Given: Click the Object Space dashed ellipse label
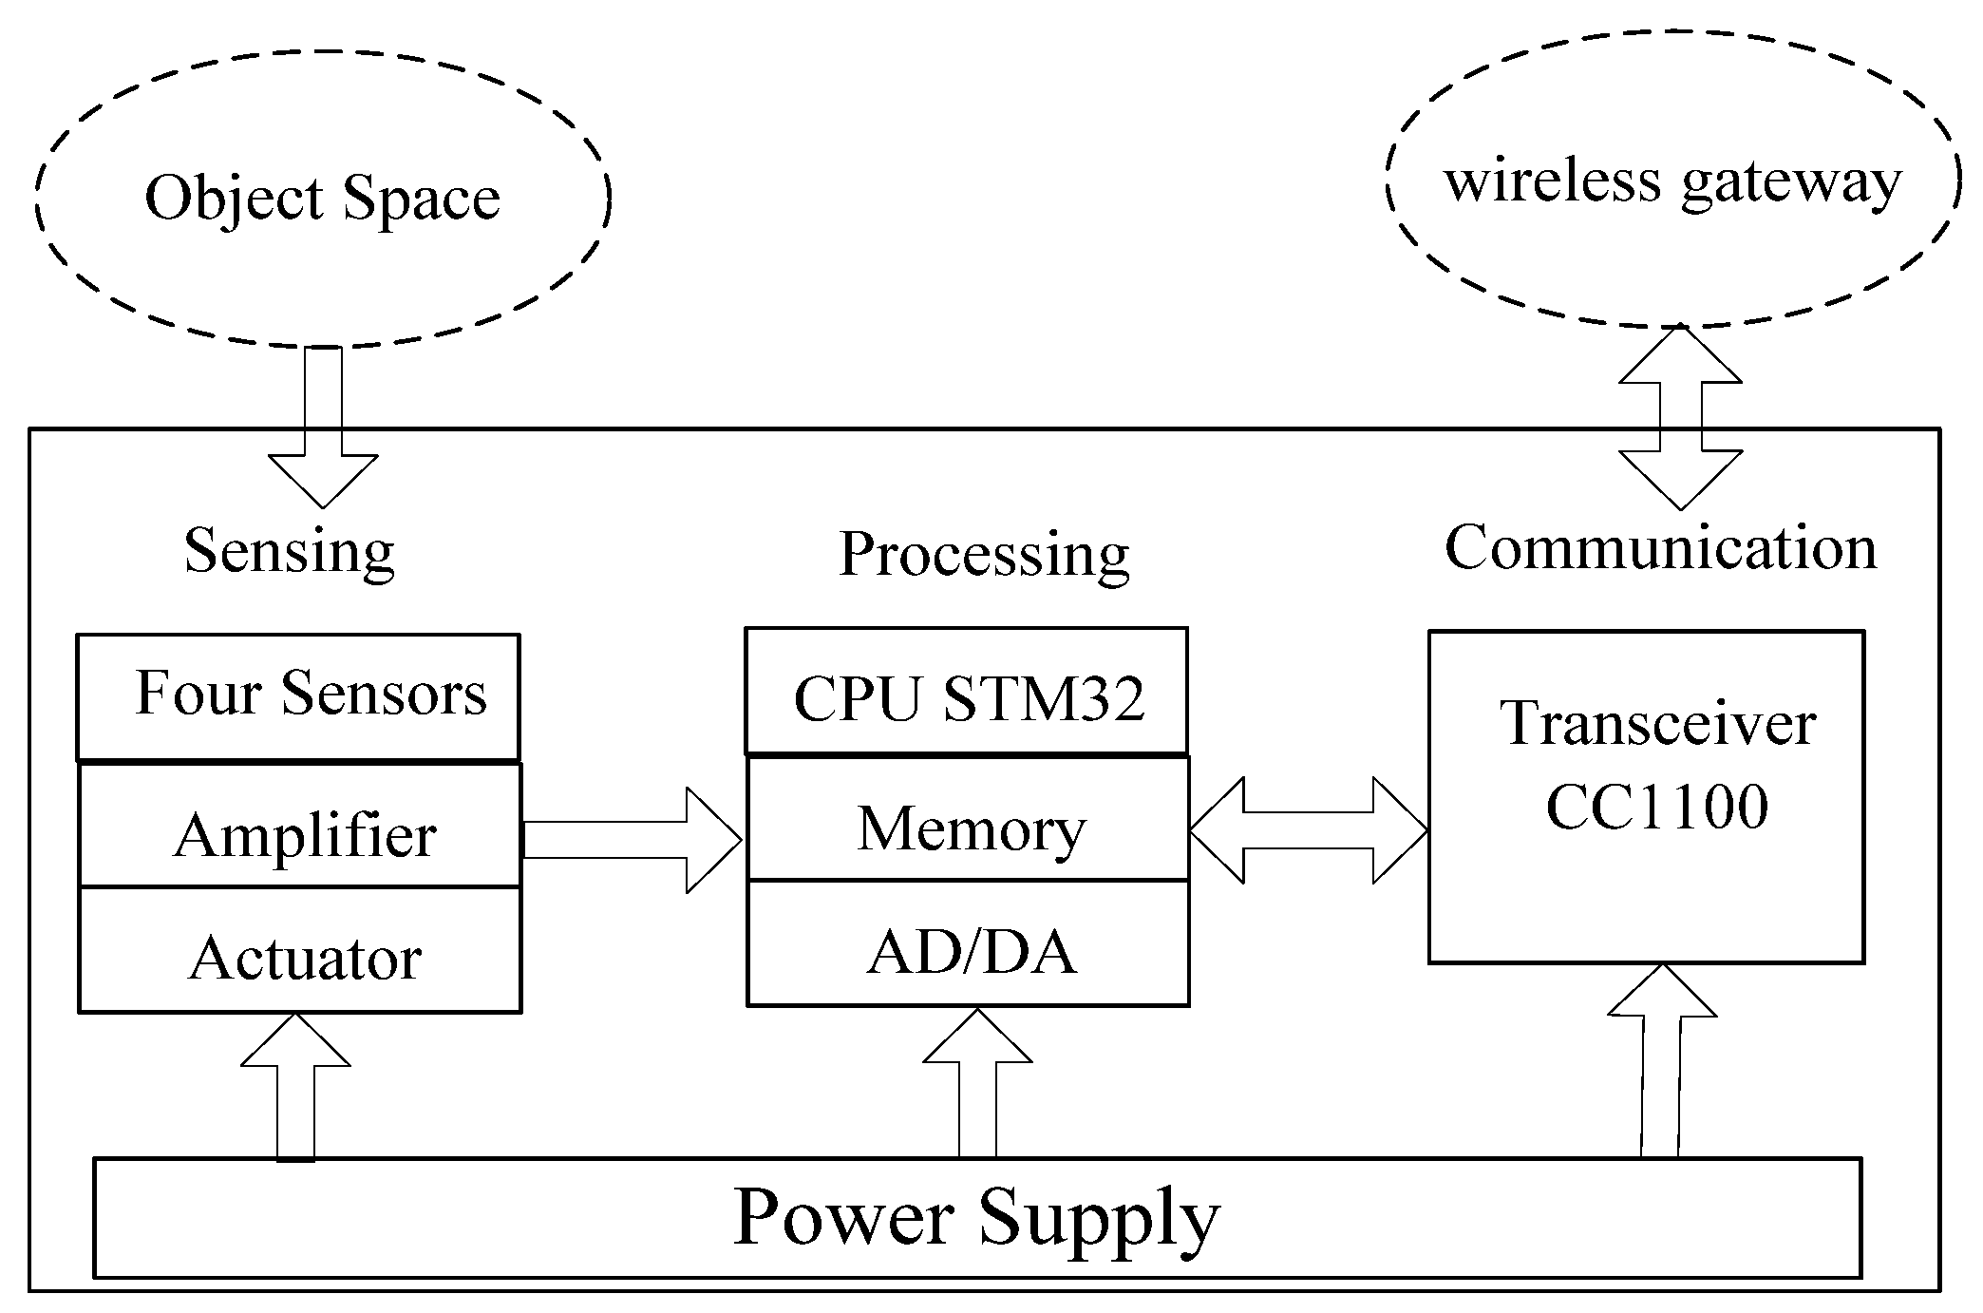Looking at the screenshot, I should [x=323, y=198].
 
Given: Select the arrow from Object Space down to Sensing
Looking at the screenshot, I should [x=323, y=428].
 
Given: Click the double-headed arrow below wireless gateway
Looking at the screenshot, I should [x=1680, y=418].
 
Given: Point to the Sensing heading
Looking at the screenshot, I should [x=289, y=550].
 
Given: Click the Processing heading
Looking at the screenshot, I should [x=984, y=554].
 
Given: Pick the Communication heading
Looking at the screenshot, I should [x=1660, y=548].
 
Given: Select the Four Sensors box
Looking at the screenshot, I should [x=298, y=695].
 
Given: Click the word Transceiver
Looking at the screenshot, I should [x=1657, y=724].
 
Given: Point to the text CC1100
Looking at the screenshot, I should [x=1657, y=808].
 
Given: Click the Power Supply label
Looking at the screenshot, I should [x=976, y=1217].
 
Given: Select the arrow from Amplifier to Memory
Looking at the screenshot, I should [x=632, y=840].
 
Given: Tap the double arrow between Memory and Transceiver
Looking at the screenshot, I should [x=1309, y=831].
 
